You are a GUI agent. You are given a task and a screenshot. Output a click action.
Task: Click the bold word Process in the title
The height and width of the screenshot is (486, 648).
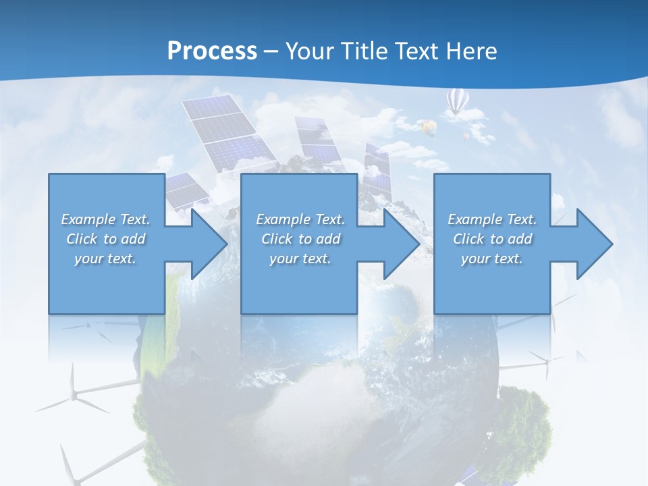[212, 51]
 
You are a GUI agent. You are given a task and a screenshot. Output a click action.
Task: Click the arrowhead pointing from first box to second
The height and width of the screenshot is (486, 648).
[209, 244]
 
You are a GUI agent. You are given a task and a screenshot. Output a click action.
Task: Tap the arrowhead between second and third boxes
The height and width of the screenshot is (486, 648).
[402, 244]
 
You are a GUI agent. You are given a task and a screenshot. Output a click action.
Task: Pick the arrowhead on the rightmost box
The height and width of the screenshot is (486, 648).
[595, 244]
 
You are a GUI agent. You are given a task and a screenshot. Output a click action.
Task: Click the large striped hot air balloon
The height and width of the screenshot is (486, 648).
[457, 101]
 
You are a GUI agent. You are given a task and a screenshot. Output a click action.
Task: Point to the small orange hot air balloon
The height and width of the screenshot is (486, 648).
[428, 126]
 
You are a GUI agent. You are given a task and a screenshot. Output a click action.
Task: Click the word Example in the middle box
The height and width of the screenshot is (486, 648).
[277, 219]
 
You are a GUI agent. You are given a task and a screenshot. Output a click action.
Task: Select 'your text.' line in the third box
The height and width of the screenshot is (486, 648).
[491, 259]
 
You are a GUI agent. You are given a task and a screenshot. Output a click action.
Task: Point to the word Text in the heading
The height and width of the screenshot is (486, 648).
[412, 51]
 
